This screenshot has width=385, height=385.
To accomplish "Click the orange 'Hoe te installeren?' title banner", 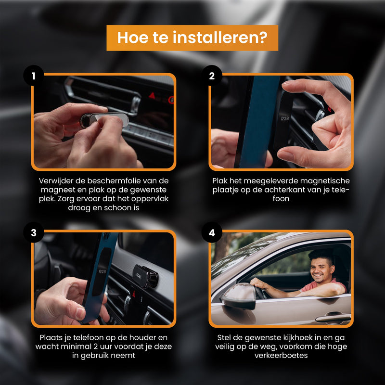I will (192, 38).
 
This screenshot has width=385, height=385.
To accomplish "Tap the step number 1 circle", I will (34, 76).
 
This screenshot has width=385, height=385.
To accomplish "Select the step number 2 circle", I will (212, 76).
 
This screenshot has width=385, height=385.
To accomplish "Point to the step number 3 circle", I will (34, 233).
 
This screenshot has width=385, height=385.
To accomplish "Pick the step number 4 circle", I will (212, 233).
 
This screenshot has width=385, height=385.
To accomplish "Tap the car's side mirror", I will (239, 295).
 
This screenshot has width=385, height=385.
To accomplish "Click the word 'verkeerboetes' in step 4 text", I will (281, 356).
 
